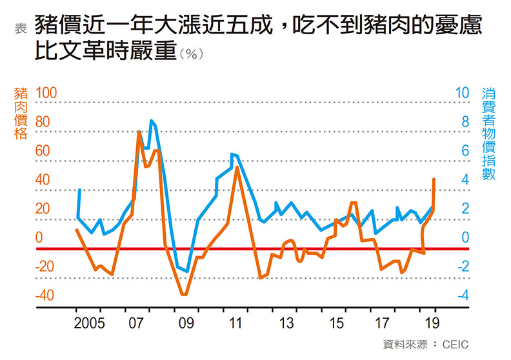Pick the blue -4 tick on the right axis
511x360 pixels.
(x=461, y=295)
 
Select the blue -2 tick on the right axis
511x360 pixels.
(x=461, y=266)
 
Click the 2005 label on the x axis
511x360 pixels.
(x=90, y=323)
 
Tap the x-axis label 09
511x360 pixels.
(x=186, y=323)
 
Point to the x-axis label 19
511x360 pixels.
(x=433, y=323)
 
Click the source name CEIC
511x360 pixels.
(x=455, y=344)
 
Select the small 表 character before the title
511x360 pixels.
(x=20, y=27)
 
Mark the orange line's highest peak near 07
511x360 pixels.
(x=139, y=132)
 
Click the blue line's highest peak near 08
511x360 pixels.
(x=151, y=121)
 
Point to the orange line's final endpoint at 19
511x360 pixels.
(x=434, y=179)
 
